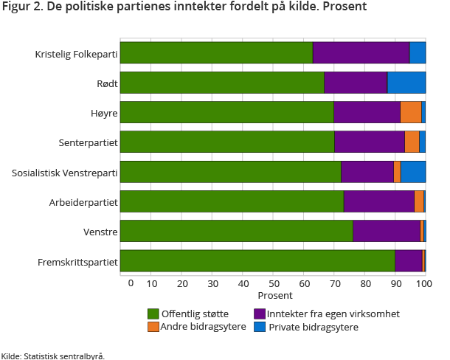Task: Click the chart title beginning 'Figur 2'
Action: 184,8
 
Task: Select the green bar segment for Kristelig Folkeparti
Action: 216,53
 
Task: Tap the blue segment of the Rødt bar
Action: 406,83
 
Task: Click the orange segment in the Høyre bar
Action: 410,112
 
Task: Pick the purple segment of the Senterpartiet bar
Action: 369,142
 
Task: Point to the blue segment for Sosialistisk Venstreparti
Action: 412,171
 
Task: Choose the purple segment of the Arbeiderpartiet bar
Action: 378,201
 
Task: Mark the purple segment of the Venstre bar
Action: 386,230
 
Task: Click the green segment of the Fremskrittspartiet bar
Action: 257,260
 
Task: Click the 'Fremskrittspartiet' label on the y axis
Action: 77,261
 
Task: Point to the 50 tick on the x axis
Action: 273,283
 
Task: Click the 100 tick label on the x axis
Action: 423,283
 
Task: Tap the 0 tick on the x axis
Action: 131,283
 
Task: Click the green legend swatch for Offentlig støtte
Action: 153,314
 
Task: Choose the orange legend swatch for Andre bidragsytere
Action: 153,326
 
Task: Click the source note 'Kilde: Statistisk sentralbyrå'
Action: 53,355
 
